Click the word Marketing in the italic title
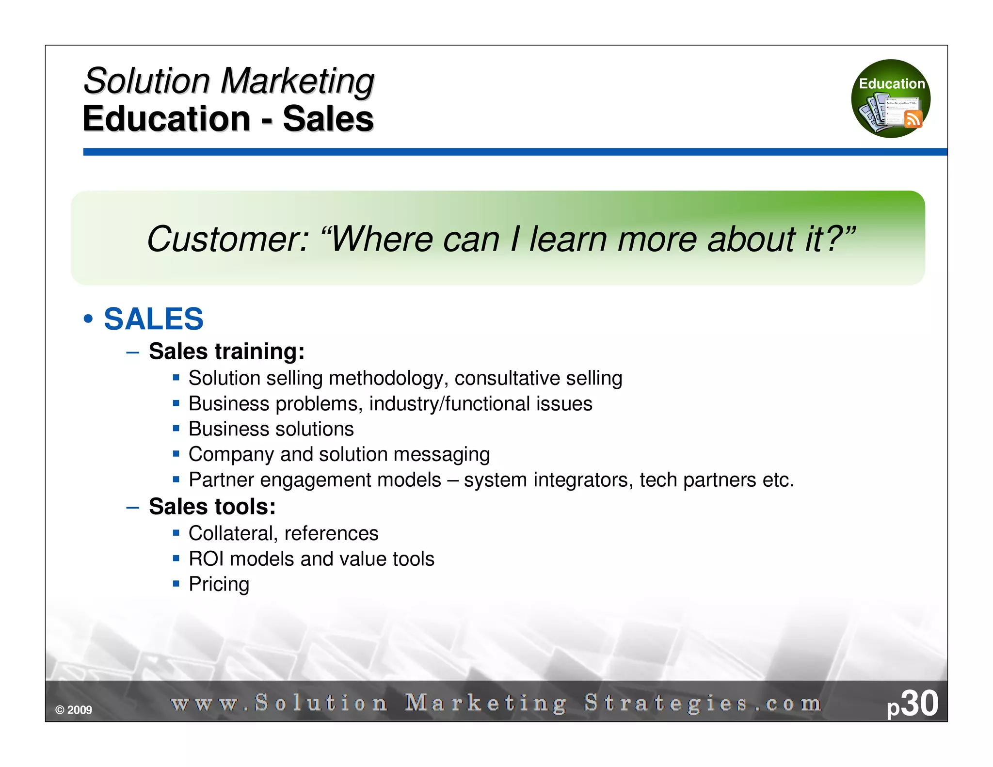297,81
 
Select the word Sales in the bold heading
328,119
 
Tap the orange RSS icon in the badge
913,118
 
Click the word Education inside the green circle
892,84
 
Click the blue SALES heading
154,319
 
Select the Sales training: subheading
226,351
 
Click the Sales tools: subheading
212,507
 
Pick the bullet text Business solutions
271,429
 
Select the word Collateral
233,533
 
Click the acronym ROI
206,559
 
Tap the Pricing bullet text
219,584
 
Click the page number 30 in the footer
919,703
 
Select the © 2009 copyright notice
74,710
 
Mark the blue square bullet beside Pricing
176,583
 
